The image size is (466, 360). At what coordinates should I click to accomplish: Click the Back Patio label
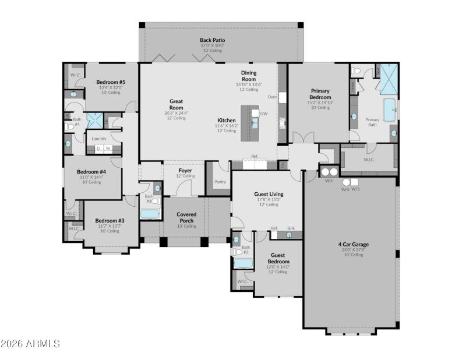tap(212, 40)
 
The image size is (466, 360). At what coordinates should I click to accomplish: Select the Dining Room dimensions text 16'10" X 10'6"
tap(249, 84)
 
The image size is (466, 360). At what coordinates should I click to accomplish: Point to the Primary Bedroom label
tap(320, 94)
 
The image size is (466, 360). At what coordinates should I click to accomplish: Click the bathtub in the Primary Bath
tap(389, 108)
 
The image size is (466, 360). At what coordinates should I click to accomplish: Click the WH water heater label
tap(329, 181)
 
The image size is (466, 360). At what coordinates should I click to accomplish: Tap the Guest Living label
tap(269, 194)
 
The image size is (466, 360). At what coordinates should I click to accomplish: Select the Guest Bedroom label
tap(278, 259)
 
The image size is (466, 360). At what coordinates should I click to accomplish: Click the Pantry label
tap(220, 182)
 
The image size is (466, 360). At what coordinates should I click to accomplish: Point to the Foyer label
tap(185, 171)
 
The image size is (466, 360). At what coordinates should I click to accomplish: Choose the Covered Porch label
tap(186, 217)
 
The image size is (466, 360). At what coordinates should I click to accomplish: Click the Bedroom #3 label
tap(110, 221)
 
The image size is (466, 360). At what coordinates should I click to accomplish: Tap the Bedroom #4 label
tap(91, 172)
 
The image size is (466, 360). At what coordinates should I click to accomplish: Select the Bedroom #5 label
tap(111, 82)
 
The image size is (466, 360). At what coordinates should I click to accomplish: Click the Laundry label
tap(99, 139)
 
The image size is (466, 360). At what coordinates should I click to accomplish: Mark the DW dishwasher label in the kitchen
tap(264, 114)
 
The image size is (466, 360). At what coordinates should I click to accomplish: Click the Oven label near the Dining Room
tap(272, 97)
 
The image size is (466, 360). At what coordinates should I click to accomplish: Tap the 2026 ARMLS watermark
tap(30, 344)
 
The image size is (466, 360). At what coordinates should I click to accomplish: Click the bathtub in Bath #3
tap(150, 214)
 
